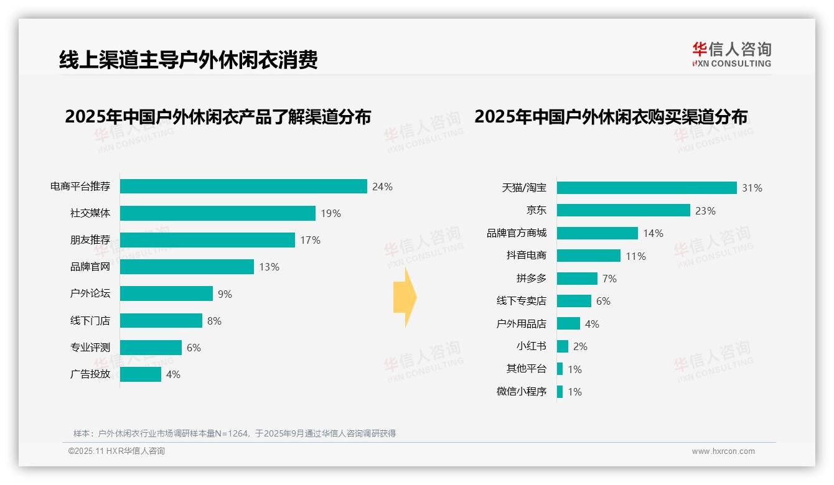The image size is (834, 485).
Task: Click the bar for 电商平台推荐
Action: (x=243, y=187)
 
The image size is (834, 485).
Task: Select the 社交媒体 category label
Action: (x=90, y=213)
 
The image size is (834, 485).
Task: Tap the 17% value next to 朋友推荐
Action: (x=310, y=240)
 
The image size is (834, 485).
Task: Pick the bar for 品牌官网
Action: (x=187, y=267)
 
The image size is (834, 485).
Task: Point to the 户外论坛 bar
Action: (x=166, y=293)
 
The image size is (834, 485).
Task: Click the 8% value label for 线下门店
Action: (x=214, y=321)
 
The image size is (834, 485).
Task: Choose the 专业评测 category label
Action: (x=90, y=348)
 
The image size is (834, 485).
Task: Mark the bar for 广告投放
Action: (x=141, y=374)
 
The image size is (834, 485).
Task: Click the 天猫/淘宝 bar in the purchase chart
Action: (x=647, y=188)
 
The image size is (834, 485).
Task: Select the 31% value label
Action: (x=752, y=188)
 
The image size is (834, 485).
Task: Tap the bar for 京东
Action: (x=623, y=210)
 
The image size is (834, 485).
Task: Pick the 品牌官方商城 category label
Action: (x=517, y=233)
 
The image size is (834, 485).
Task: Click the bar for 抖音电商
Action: (x=588, y=256)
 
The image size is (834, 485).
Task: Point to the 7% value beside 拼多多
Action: (x=609, y=279)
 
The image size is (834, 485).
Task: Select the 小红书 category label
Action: (x=531, y=346)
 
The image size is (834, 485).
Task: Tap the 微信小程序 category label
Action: (x=522, y=392)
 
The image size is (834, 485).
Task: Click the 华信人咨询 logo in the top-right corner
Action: (x=731, y=54)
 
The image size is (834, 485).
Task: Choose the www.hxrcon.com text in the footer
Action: (x=723, y=451)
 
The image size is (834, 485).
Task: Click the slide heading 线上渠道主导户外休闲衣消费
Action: (x=189, y=60)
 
